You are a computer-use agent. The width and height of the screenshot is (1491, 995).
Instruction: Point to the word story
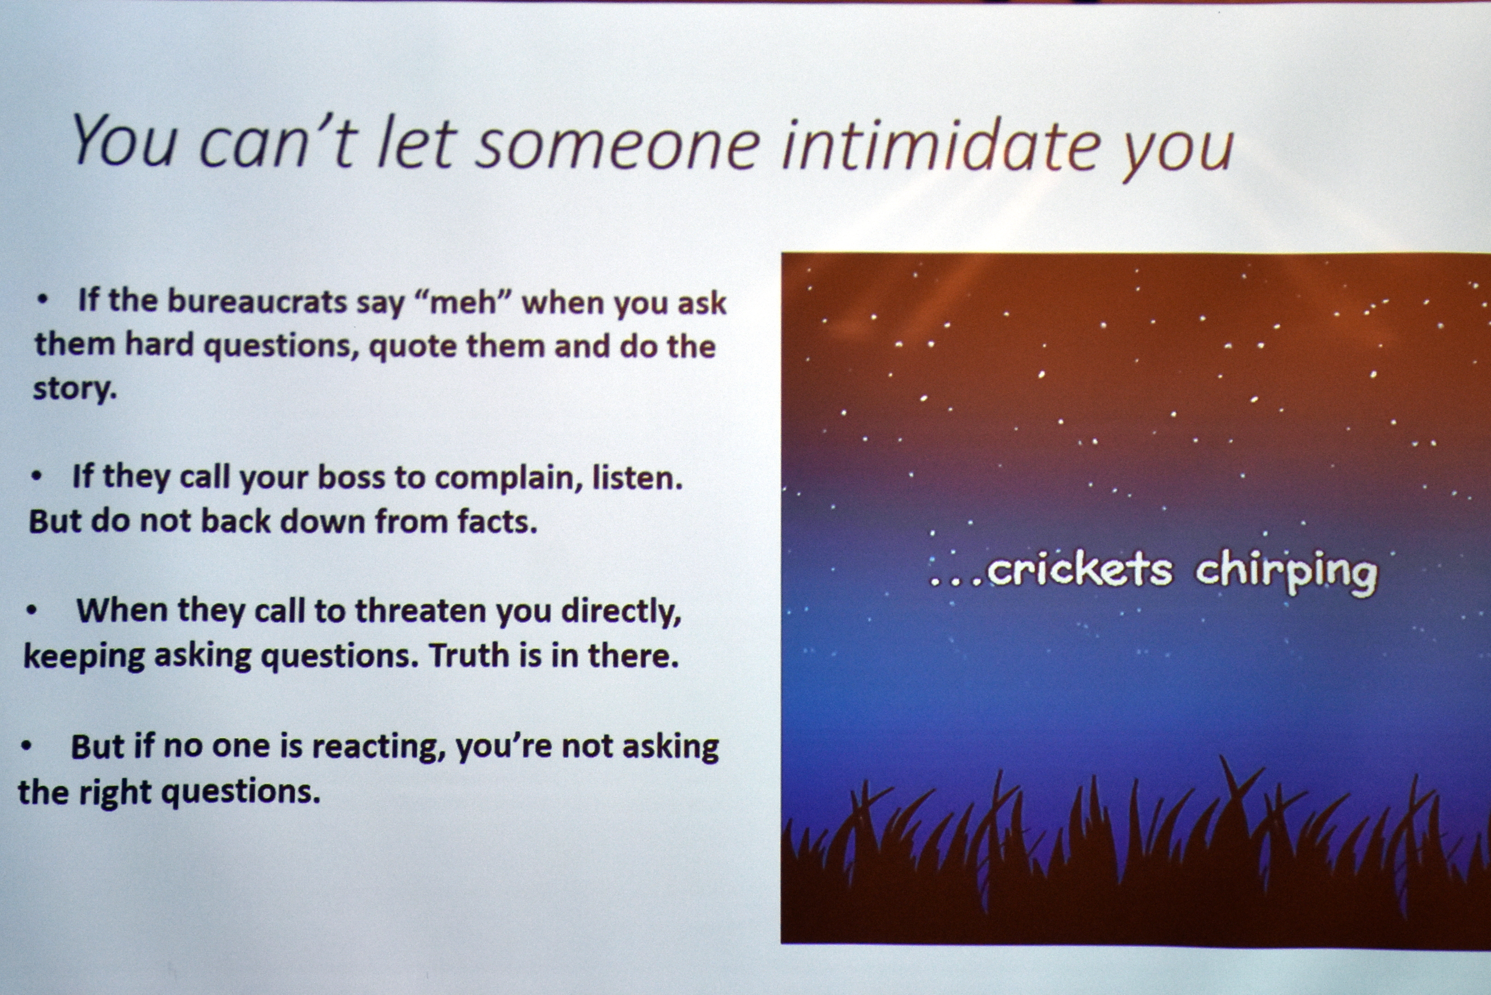[75, 388]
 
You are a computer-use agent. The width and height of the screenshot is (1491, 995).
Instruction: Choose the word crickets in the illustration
[1079, 569]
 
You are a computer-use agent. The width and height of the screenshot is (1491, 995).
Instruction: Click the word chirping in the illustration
[1286, 573]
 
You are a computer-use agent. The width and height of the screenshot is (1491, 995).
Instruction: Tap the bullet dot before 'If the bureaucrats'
[42, 300]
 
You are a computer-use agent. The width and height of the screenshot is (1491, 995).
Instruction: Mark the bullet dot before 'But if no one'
[26, 746]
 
